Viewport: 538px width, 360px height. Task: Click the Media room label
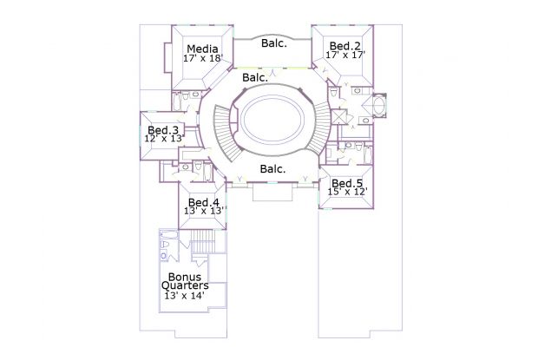click(202, 49)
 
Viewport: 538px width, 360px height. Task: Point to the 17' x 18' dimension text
click(203, 58)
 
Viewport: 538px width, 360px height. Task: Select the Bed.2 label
click(344, 46)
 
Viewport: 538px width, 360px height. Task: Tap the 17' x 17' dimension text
click(345, 55)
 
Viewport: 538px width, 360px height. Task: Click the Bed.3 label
click(163, 130)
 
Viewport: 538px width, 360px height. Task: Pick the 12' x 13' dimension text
click(163, 139)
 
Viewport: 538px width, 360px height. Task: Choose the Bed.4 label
click(204, 202)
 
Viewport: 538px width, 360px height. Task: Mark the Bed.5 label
click(347, 183)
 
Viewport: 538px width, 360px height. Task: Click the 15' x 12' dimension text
click(348, 192)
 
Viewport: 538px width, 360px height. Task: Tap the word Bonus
click(185, 277)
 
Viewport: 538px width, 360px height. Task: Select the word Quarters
click(185, 285)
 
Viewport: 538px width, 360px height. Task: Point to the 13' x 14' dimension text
click(185, 296)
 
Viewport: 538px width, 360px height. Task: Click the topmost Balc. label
click(274, 43)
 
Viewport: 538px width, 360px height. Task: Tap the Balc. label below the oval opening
click(272, 168)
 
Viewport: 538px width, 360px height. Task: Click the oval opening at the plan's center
click(272, 120)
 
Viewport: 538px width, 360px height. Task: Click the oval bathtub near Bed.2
click(378, 105)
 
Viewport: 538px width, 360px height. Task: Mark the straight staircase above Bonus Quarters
click(202, 241)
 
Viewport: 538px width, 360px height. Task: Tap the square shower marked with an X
click(339, 116)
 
